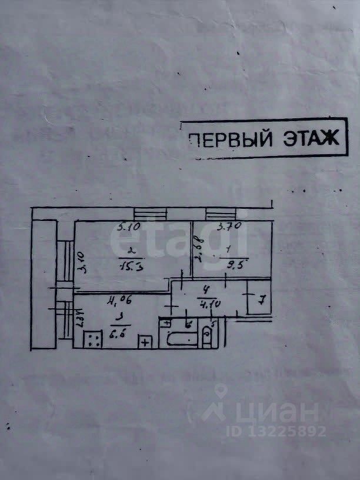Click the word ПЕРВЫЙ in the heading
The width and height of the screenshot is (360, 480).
tap(230, 139)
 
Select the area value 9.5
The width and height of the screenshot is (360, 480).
tap(234, 264)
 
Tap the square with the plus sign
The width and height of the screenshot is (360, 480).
tap(145, 341)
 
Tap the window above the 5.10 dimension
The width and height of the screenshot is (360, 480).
tap(151, 215)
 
